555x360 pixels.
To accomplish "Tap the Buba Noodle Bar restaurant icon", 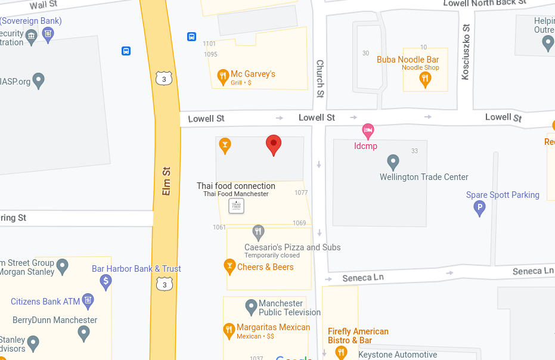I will [425, 80].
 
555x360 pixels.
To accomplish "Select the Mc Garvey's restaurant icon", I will [223, 76].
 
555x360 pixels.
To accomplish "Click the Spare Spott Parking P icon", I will [479, 208].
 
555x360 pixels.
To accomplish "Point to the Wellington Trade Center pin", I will [393, 162].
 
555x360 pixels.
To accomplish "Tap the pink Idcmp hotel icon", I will [368, 130].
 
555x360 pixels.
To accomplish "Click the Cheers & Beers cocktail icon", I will [229, 266].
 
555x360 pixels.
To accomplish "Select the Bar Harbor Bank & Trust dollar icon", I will [106, 281].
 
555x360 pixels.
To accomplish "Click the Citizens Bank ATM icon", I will [88, 300].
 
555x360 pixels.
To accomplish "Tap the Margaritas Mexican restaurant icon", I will [229, 330].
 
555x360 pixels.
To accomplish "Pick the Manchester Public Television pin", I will [251, 308].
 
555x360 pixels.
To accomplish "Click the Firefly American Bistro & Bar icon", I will [341, 352].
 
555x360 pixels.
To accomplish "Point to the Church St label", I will [320, 78].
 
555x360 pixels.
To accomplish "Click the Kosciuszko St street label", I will [466, 51].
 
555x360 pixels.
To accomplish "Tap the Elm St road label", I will [167, 181].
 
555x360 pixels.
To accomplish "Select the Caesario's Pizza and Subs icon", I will [258, 232].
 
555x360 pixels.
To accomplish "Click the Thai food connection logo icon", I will [237, 206].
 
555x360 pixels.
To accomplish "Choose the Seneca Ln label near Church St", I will [362, 278].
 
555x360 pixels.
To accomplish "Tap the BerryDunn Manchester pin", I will [84, 334].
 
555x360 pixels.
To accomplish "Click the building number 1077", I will [301, 193].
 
